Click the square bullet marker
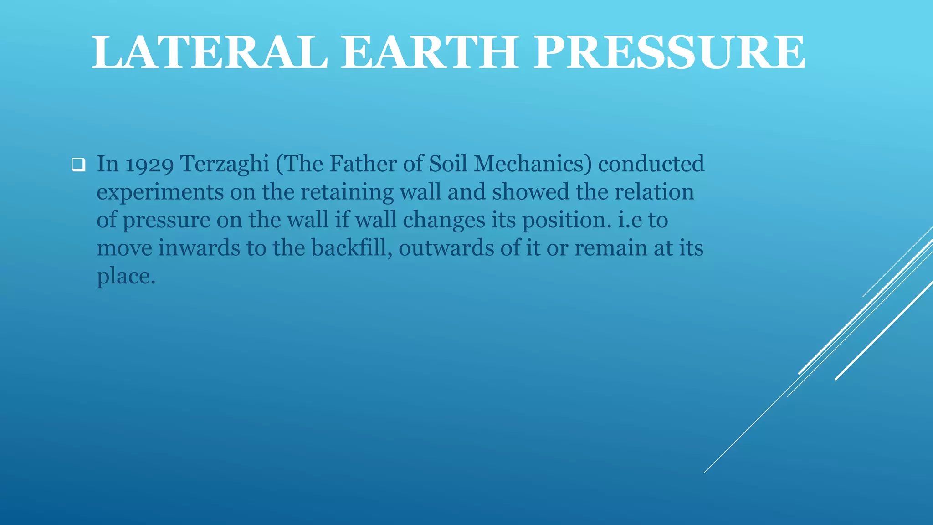[x=78, y=165]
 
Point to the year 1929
[x=149, y=165]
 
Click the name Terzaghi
[x=225, y=165]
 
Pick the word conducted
[x=651, y=164]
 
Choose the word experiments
[x=160, y=193]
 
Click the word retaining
[x=347, y=193]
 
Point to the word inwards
[x=199, y=248]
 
